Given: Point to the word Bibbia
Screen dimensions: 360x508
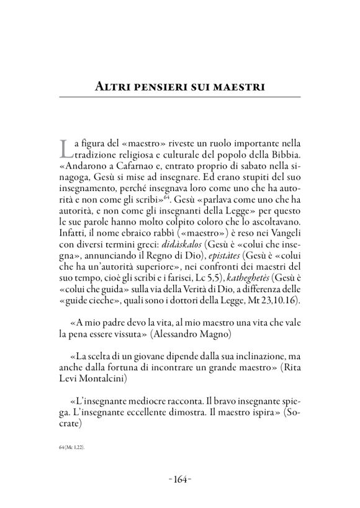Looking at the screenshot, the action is tap(284, 153).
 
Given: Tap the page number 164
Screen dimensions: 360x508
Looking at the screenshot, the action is tap(181, 478).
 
